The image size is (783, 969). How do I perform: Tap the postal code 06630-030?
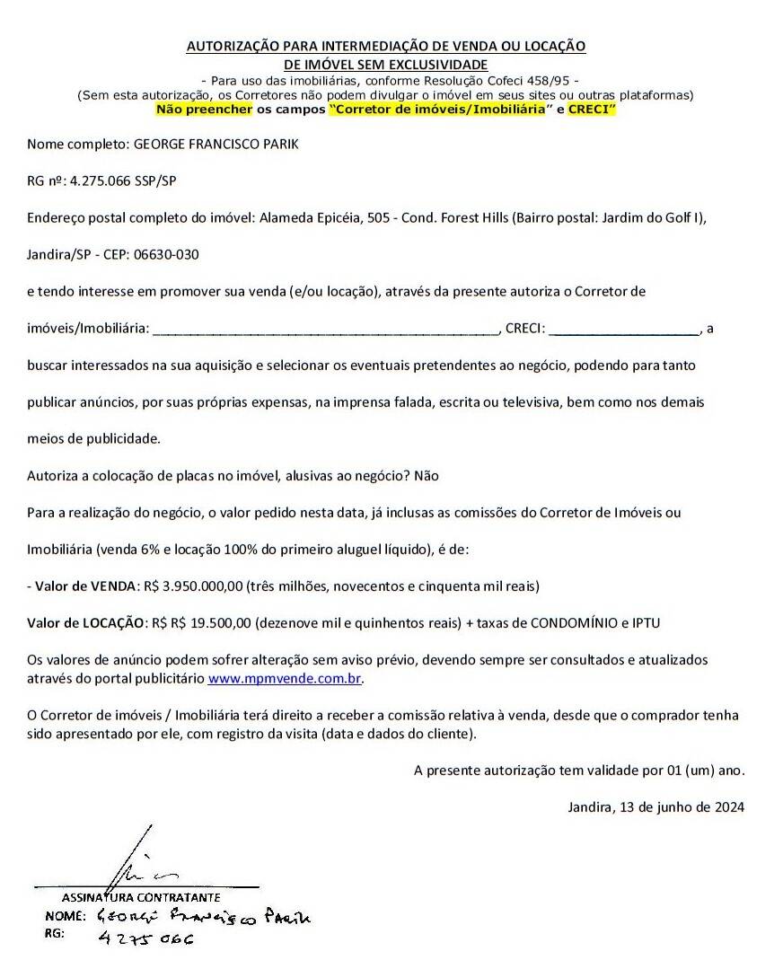(x=166, y=254)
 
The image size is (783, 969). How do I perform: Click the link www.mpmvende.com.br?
(x=285, y=679)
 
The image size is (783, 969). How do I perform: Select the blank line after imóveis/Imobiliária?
(x=325, y=330)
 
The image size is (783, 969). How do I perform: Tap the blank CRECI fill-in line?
(x=624, y=330)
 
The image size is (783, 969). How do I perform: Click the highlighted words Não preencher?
(x=204, y=109)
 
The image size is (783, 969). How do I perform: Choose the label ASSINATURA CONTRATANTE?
(x=141, y=897)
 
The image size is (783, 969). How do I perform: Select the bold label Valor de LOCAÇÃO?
(x=86, y=622)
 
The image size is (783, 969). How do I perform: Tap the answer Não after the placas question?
(x=427, y=475)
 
